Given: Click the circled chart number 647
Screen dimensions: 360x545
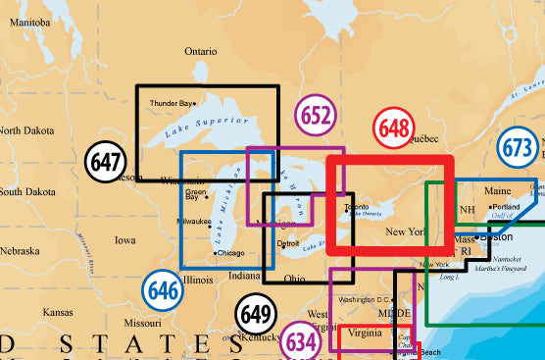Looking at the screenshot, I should click(x=105, y=163).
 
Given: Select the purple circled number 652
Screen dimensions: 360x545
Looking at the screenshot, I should click(x=315, y=116).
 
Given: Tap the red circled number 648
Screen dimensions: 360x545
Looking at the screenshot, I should click(x=395, y=129).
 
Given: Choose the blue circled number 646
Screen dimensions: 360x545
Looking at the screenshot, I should click(x=162, y=289).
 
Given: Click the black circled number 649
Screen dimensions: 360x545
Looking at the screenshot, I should click(x=257, y=315).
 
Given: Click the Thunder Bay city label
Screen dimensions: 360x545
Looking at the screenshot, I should click(x=171, y=103).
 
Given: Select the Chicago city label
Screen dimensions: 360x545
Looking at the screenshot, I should click(x=230, y=253).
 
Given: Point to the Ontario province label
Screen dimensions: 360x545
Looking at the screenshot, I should click(x=201, y=51).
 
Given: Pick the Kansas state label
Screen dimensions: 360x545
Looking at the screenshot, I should click(x=58, y=311).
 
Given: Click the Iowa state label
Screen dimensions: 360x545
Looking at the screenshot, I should click(x=125, y=239).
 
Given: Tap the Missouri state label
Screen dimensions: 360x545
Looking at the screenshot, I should click(x=142, y=322).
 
